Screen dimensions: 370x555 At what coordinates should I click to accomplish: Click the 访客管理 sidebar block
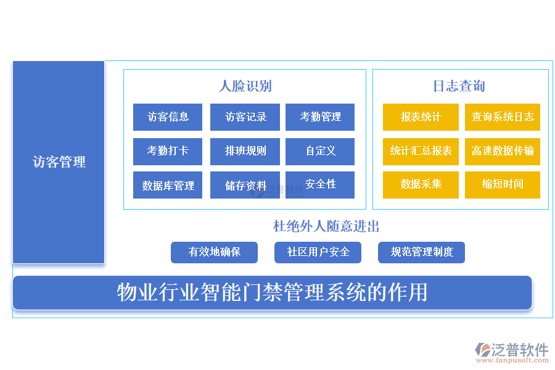click(x=59, y=162)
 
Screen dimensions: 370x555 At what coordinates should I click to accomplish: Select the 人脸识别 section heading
click(x=245, y=86)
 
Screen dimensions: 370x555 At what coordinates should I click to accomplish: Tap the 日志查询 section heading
click(x=459, y=86)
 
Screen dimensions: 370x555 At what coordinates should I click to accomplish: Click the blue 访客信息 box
click(x=168, y=117)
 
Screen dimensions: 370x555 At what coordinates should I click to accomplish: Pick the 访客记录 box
click(x=245, y=117)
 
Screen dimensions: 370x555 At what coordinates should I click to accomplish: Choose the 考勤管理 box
click(x=320, y=117)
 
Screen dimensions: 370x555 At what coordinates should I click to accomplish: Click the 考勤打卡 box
click(x=168, y=151)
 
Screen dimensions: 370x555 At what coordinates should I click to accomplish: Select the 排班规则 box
click(x=245, y=151)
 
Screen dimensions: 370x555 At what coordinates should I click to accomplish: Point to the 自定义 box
click(x=320, y=151)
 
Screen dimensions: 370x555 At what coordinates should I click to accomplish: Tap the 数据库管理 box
click(x=168, y=185)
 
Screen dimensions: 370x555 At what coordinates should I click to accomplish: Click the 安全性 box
click(x=320, y=184)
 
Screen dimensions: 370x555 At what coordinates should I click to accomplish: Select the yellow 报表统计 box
click(x=421, y=117)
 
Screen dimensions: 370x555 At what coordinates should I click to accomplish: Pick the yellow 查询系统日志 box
click(x=503, y=117)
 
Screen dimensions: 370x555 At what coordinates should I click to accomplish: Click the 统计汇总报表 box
click(x=421, y=151)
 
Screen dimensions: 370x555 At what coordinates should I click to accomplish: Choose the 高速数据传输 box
click(x=503, y=151)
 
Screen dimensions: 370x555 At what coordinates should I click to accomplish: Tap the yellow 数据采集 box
click(x=421, y=184)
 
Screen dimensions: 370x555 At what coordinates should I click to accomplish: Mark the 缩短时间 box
click(x=503, y=184)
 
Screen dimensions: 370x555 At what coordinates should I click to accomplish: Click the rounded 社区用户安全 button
click(x=318, y=252)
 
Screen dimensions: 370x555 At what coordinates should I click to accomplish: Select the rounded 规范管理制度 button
click(x=421, y=252)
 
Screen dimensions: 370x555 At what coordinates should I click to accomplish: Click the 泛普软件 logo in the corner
click(x=511, y=351)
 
